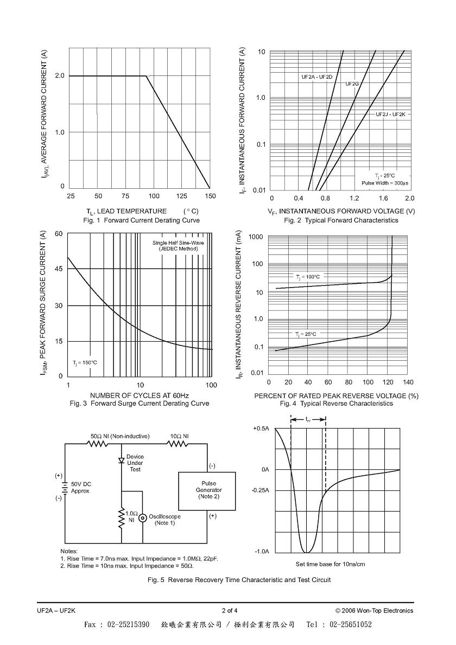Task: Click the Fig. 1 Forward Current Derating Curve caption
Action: click(142, 220)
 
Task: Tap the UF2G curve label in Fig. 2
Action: click(352, 84)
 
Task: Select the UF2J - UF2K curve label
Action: click(390, 114)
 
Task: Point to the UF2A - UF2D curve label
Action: click(317, 77)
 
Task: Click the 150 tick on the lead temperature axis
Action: click(210, 196)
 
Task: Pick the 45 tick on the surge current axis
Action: click(59, 269)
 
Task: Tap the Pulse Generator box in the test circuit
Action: click(207, 491)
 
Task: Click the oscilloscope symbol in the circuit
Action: click(143, 518)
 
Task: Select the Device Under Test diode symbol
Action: click(122, 461)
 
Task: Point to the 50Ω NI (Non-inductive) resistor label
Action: click(120, 436)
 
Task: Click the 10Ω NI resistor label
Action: click(180, 436)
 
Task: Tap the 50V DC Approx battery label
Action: click(81, 488)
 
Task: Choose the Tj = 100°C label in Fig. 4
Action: click(307, 277)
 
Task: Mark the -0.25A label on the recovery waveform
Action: click(260, 490)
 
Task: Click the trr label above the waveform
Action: click(308, 419)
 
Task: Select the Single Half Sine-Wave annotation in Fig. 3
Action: click(178, 242)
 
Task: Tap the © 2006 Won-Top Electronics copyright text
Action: click(374, 610)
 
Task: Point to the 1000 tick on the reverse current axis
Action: click(256, 237)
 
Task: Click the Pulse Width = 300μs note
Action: click(385, 183)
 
